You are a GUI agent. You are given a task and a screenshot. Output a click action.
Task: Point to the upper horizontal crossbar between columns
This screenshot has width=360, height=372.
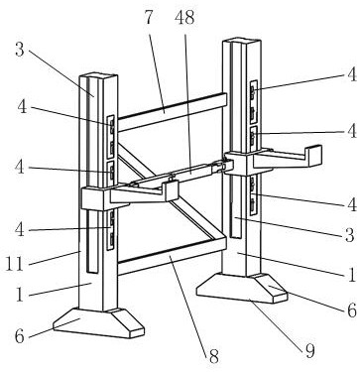point(169,114)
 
